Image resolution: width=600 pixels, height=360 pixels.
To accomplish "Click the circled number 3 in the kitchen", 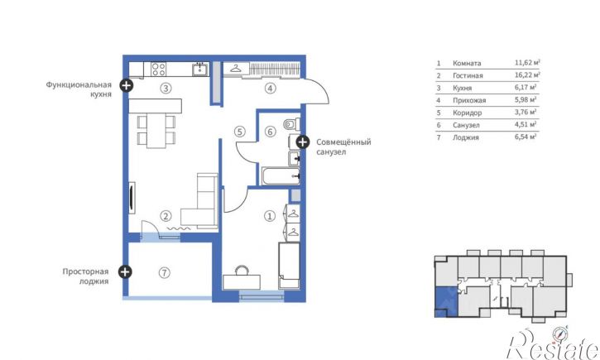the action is click(x=166, y=89).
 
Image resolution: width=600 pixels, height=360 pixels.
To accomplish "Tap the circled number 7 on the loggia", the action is click(x=164, y=273).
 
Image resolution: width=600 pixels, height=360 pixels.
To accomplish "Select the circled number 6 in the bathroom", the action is click(x=270, y=132).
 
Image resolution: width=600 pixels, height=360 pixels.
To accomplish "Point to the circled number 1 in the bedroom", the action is click(x=270, y=216).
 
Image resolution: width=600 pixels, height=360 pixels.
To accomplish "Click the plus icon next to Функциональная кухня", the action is click(x=127, y=85).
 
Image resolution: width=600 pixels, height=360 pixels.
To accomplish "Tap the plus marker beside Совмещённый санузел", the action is click(x=302, y=142).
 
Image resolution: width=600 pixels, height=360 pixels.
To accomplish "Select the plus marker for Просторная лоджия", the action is click(x=124, y=272).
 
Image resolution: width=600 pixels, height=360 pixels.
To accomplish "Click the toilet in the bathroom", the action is click(x=292, y=124).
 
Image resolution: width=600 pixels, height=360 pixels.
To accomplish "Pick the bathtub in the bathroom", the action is click(x=281, y=176).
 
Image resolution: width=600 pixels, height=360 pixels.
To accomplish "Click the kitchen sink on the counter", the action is click(x=200, y=70).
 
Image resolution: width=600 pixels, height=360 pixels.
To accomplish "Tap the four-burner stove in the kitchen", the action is click(x=158, y=70).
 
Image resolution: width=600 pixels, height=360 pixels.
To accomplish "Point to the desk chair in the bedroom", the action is click(x=242, y=271).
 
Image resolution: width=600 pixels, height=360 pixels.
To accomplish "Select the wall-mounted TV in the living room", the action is click(x=132, y=196).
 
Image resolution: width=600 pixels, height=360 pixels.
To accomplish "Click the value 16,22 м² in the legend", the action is click(x=527, y=74).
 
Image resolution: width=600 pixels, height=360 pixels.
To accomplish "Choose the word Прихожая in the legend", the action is click(x=469, y=101).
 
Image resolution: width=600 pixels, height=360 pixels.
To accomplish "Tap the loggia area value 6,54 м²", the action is click(x=526, y=137).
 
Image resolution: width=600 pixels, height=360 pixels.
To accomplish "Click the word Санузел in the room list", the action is click(x=466, y=125).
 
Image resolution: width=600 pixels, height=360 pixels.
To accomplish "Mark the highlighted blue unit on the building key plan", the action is click(x=446, y=301).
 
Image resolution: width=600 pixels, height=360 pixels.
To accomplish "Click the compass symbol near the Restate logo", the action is click(x=560, y=334).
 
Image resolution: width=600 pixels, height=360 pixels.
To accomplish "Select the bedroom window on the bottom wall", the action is click(x=262, y=295).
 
